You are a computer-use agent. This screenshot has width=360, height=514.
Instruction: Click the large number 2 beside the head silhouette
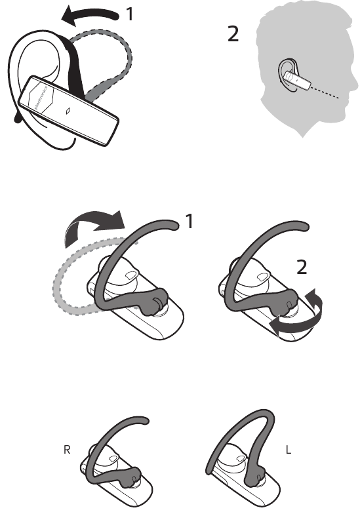tap(233, 34)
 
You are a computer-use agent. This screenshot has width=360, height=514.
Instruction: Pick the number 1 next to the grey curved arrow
tap(189, 223)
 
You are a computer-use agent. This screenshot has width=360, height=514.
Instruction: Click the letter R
tap(66, 452)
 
